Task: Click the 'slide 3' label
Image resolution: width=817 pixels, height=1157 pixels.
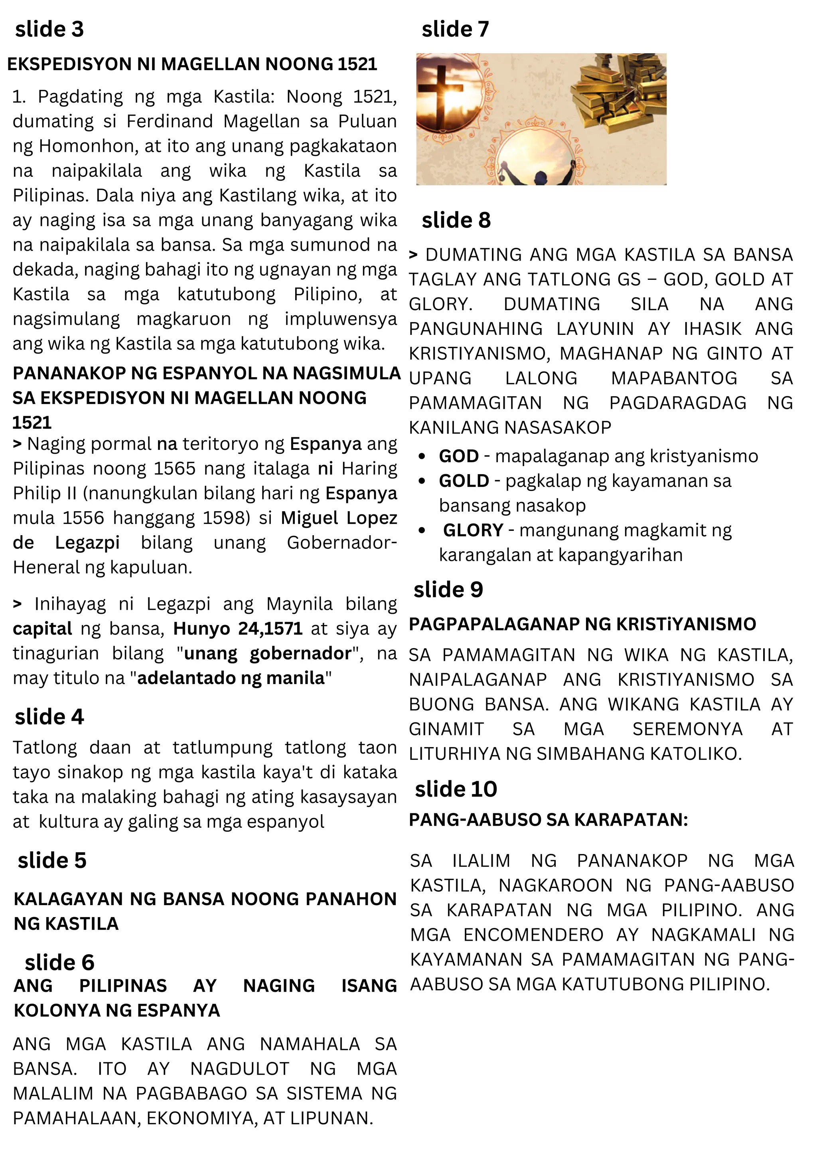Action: (49, 30)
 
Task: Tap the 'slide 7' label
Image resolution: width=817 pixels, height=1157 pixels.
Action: (455, 30)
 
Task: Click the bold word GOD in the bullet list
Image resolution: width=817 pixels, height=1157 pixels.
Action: (458, 456)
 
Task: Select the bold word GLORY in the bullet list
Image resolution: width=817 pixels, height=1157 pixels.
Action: (473, 530)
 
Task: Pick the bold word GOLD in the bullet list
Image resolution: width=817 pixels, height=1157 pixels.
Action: (464, 481)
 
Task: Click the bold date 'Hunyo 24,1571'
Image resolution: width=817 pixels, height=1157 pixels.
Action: (238, 629)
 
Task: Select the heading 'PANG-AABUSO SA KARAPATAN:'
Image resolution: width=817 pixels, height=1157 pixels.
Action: (548, 820)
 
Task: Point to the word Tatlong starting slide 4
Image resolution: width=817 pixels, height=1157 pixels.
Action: (45, 748)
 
